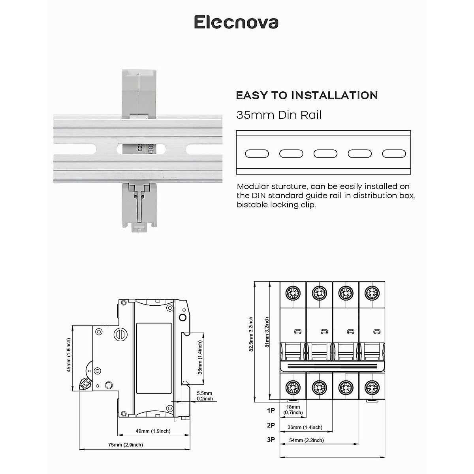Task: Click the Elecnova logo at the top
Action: click(x=236, y=23)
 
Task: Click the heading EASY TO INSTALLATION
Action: click(x=307, y=96)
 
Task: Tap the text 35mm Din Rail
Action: click(x=279, y=115)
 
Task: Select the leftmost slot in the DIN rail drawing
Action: click(x=257, y=154)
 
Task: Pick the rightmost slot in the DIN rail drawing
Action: click(x=394, y=154)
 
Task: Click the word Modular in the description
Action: click(x=253, y=186)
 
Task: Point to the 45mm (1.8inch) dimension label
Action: click(x=69, y=355)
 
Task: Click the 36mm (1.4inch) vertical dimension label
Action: click(x=200, y=357)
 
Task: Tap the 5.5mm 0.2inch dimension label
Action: click(x=205, y=396)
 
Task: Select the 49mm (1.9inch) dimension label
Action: click(x=153, y=431)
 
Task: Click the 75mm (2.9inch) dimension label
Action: click(x=126, y=445)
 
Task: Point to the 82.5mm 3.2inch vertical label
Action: click(x=251, y=334)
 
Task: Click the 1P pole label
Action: click(x=271, y=410)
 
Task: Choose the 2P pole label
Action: click(x=271, y=425)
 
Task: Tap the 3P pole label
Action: click(x=271, y=440)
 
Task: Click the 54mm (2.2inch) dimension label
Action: click(x=306, y=440)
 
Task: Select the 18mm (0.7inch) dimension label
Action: click(x=293, y=410)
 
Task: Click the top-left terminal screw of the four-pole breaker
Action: click(x=293, y=293)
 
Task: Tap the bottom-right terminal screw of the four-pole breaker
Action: click(x=372, y=387)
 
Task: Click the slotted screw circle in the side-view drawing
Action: click(x=120, y=335)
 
